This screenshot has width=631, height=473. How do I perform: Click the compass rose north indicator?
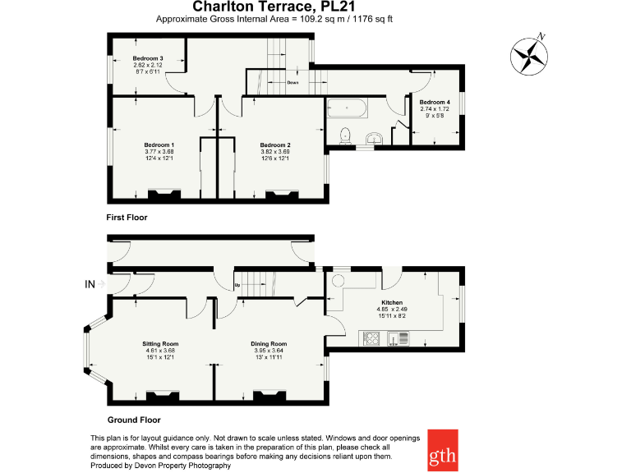click(x=531, y=55)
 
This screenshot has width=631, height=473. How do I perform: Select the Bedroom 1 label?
click(x=159, y=145)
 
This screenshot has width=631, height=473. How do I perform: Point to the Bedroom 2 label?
click(x=275, y=145)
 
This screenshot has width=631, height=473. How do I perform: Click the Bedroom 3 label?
click(x=149, y=58)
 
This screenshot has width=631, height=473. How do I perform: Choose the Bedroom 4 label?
click(x=435, y=102)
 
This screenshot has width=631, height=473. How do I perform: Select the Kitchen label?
click(x=391, y=302)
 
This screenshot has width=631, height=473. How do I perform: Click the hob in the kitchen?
click(x=372, y=338)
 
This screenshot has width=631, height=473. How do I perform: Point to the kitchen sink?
click(x=398, y=338)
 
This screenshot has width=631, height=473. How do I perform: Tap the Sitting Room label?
click(x=159, y=343)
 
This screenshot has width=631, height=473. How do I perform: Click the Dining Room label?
click(x=269, y=343)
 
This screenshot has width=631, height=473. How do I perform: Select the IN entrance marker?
click(x=90, y=284)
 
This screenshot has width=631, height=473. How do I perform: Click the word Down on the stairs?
click(x=292, y=83)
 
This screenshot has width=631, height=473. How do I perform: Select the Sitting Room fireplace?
click(x=162, y=397)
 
